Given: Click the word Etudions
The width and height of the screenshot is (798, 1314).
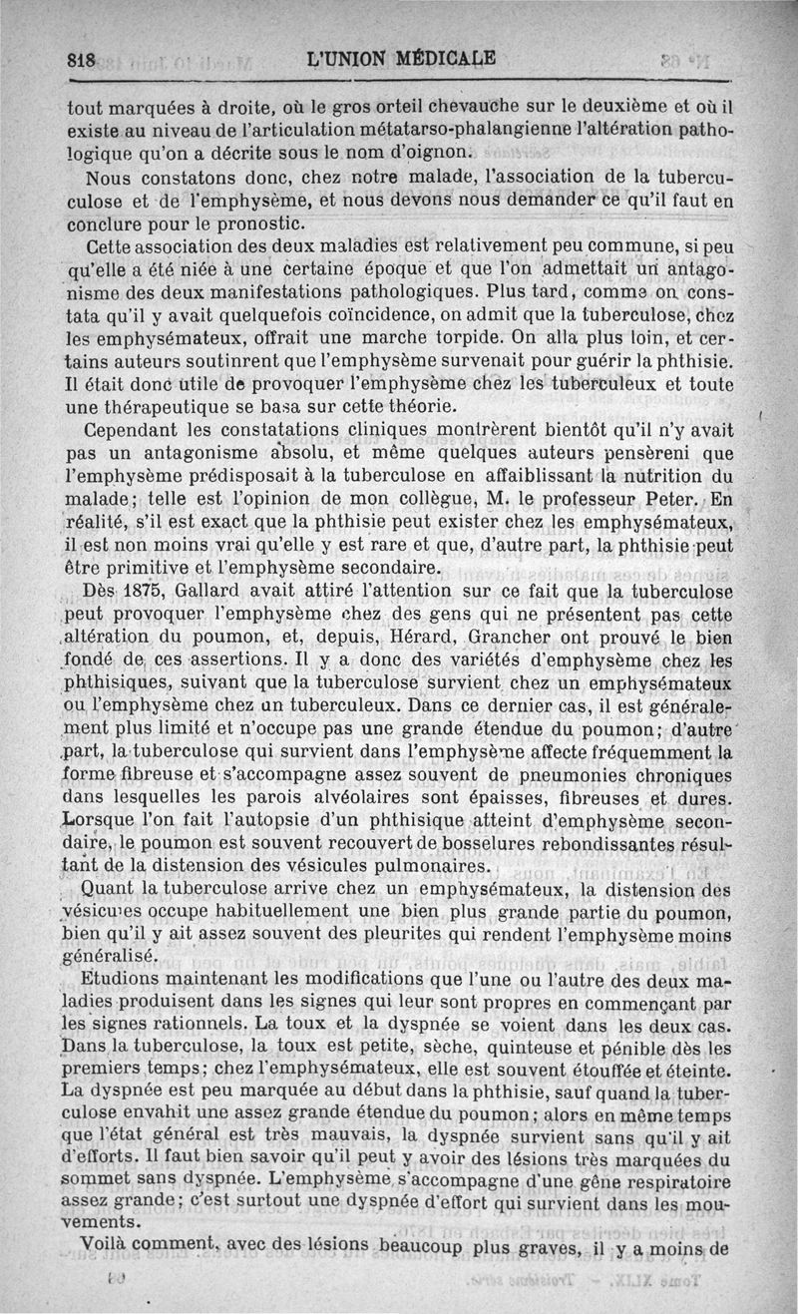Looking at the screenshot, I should pos(124,979).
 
